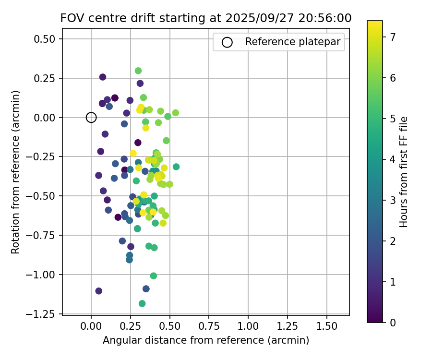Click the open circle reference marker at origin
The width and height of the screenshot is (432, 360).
pyautogui.click(x=91, y=117)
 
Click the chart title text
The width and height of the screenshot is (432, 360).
pyautogui.click(x=205, y=18)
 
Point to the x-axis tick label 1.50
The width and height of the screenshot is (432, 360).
pyautogui.click(x=327, y=326)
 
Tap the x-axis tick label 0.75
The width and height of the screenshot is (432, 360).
pyautogui.click(x=209, y=326)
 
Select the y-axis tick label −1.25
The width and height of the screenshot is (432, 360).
pyautogui.click(x=44, y=314)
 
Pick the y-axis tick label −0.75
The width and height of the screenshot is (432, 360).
pyautogui.click(x=44, y=235)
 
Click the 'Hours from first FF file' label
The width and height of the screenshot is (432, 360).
pyautogui.click(x=404, y=172)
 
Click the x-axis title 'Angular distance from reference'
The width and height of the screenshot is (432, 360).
pyautogui.click(x=205, y=340)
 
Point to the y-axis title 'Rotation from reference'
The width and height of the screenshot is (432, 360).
pyautogui.click(x=15, y=171)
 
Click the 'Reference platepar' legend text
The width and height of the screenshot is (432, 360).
pyautogui.click(x=292, y=42)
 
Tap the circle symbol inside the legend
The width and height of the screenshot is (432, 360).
pyautogui.click(x=227, y=42)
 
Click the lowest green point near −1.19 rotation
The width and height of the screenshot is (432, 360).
pyautogui.click(x=142, y=303)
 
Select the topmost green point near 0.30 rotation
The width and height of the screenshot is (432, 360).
pyautogui.click(x=138, y=71)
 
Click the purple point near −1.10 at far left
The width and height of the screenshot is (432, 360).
pyautogui.click(x=99, y=291)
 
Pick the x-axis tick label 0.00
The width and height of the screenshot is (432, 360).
pyautogui.click(x=91, y=326)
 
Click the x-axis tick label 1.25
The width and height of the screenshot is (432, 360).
pyautogui.click(x=288, y=326)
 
